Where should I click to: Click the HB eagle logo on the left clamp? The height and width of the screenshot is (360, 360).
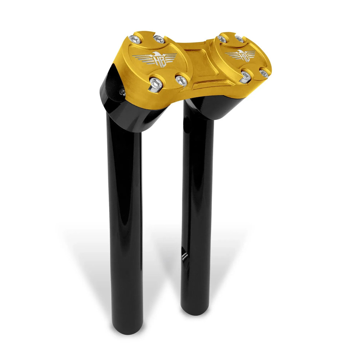pyautogui.click(x=155, y=58)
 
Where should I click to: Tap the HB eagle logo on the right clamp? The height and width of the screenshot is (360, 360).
pyautogui.click(x=240, y=55)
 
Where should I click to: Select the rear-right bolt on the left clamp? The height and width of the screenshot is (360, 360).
pyautogui.click(x=158, y=38)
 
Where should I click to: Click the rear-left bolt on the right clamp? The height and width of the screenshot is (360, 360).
pyautogui.click(x=222, y=39)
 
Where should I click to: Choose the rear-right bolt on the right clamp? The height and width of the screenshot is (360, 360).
pyautogui.click(x=239, y=38)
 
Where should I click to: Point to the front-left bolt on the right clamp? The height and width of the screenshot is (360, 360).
pyautogui.click(x=246, y=76)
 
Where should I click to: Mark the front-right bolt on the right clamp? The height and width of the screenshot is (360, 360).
pyautogui.click(x=264, y=73)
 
